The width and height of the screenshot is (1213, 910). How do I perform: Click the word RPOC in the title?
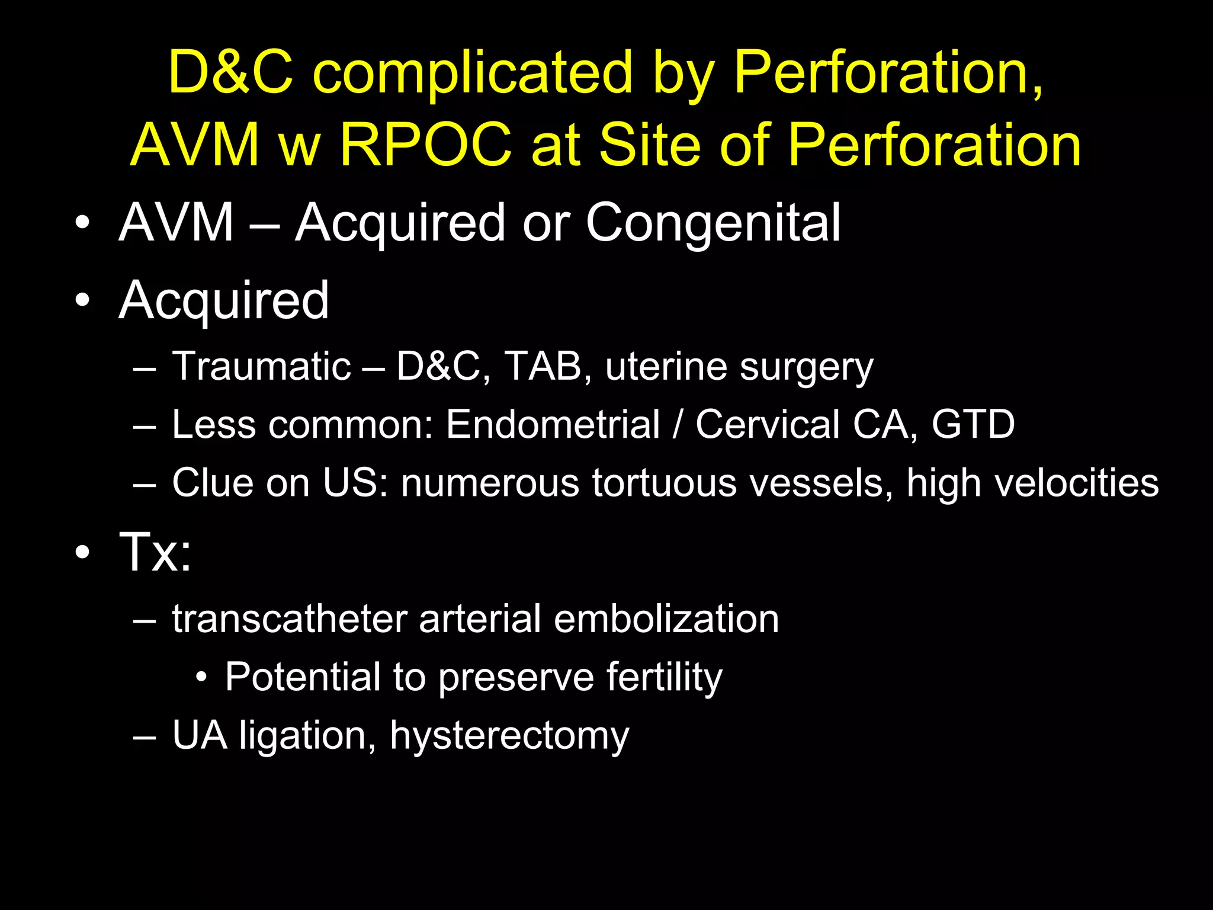[425, 145]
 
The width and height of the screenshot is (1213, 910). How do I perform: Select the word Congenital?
[713, 223]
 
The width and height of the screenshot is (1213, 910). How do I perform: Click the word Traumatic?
[261, 366]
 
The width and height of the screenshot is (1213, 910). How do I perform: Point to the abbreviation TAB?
[543, 366]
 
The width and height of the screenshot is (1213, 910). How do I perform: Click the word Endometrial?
[553, 424]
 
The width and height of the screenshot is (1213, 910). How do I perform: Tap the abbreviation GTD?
[973, 424]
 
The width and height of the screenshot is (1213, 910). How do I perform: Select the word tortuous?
[663, 482]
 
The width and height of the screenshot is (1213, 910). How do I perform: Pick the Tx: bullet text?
[156, 552]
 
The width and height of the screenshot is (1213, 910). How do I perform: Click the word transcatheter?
[290, 619]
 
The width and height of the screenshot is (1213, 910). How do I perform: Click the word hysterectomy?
[509, 736]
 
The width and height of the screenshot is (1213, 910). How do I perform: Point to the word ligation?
[307, 736]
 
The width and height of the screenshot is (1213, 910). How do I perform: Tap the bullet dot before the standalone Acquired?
[82, 300]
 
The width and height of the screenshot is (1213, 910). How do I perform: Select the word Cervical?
[767, 424]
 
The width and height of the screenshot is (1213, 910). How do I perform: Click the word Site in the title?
[650, 145]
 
